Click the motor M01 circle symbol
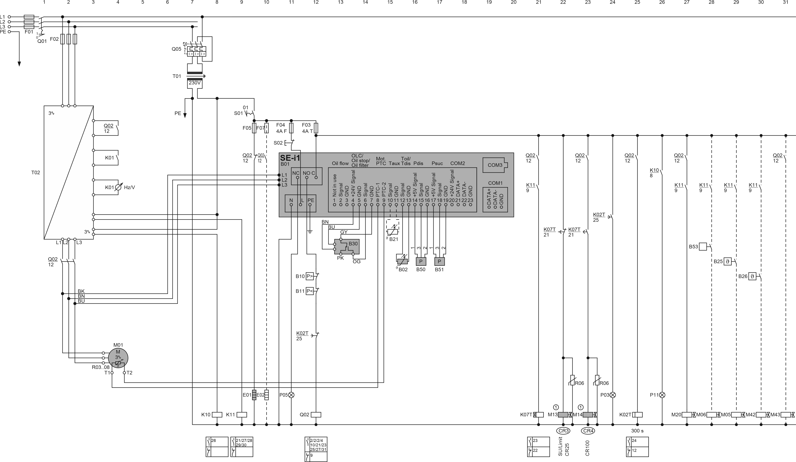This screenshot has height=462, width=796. point(118,358)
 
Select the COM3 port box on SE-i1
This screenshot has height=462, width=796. point(495,165)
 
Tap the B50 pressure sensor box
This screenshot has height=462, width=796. point(421,262)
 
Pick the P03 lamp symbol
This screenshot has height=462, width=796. point(613,395)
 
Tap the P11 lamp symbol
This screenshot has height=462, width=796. point(662,395)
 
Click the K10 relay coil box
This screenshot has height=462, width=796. point(217,415)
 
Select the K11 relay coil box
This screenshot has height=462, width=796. point(242,415)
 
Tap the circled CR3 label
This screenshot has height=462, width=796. point(563,431)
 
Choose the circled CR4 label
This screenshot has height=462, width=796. point(588,431)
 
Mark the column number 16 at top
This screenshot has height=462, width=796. point(415,3)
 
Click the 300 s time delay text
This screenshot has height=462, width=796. point(637,431)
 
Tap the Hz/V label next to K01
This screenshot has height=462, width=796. point(130,187)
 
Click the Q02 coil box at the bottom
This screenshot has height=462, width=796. point(316,415)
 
